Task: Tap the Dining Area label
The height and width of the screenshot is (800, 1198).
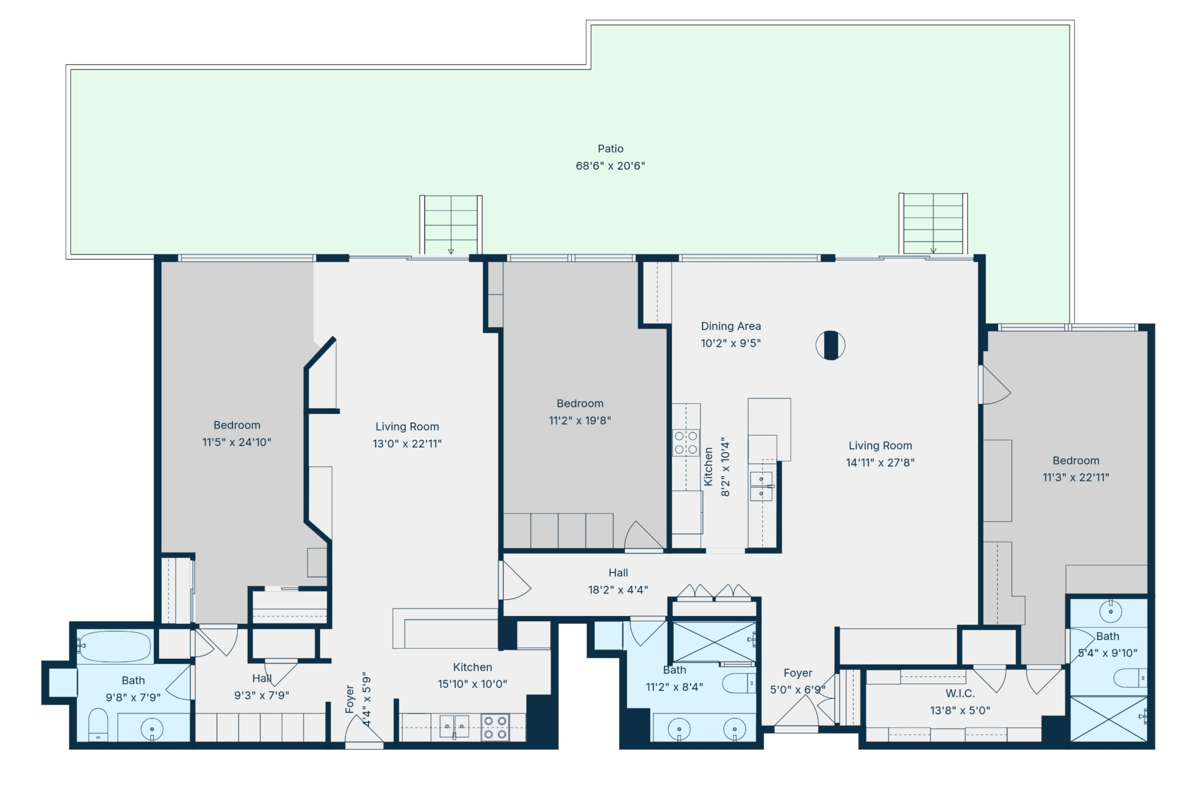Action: (x=731, y=326)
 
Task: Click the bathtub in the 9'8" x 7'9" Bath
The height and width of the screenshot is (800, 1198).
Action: (x=115, y=646)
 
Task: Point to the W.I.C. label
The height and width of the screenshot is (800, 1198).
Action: (x=960, y=693)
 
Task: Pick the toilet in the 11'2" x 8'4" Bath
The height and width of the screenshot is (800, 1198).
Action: (x=739, y=683)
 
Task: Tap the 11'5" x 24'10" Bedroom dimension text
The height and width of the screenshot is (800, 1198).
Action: (x=237, y=442)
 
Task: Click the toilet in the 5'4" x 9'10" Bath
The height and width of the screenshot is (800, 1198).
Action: (x=1130, y=678)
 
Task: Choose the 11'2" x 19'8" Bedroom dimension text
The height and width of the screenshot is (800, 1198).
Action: (x=580, y=420)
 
